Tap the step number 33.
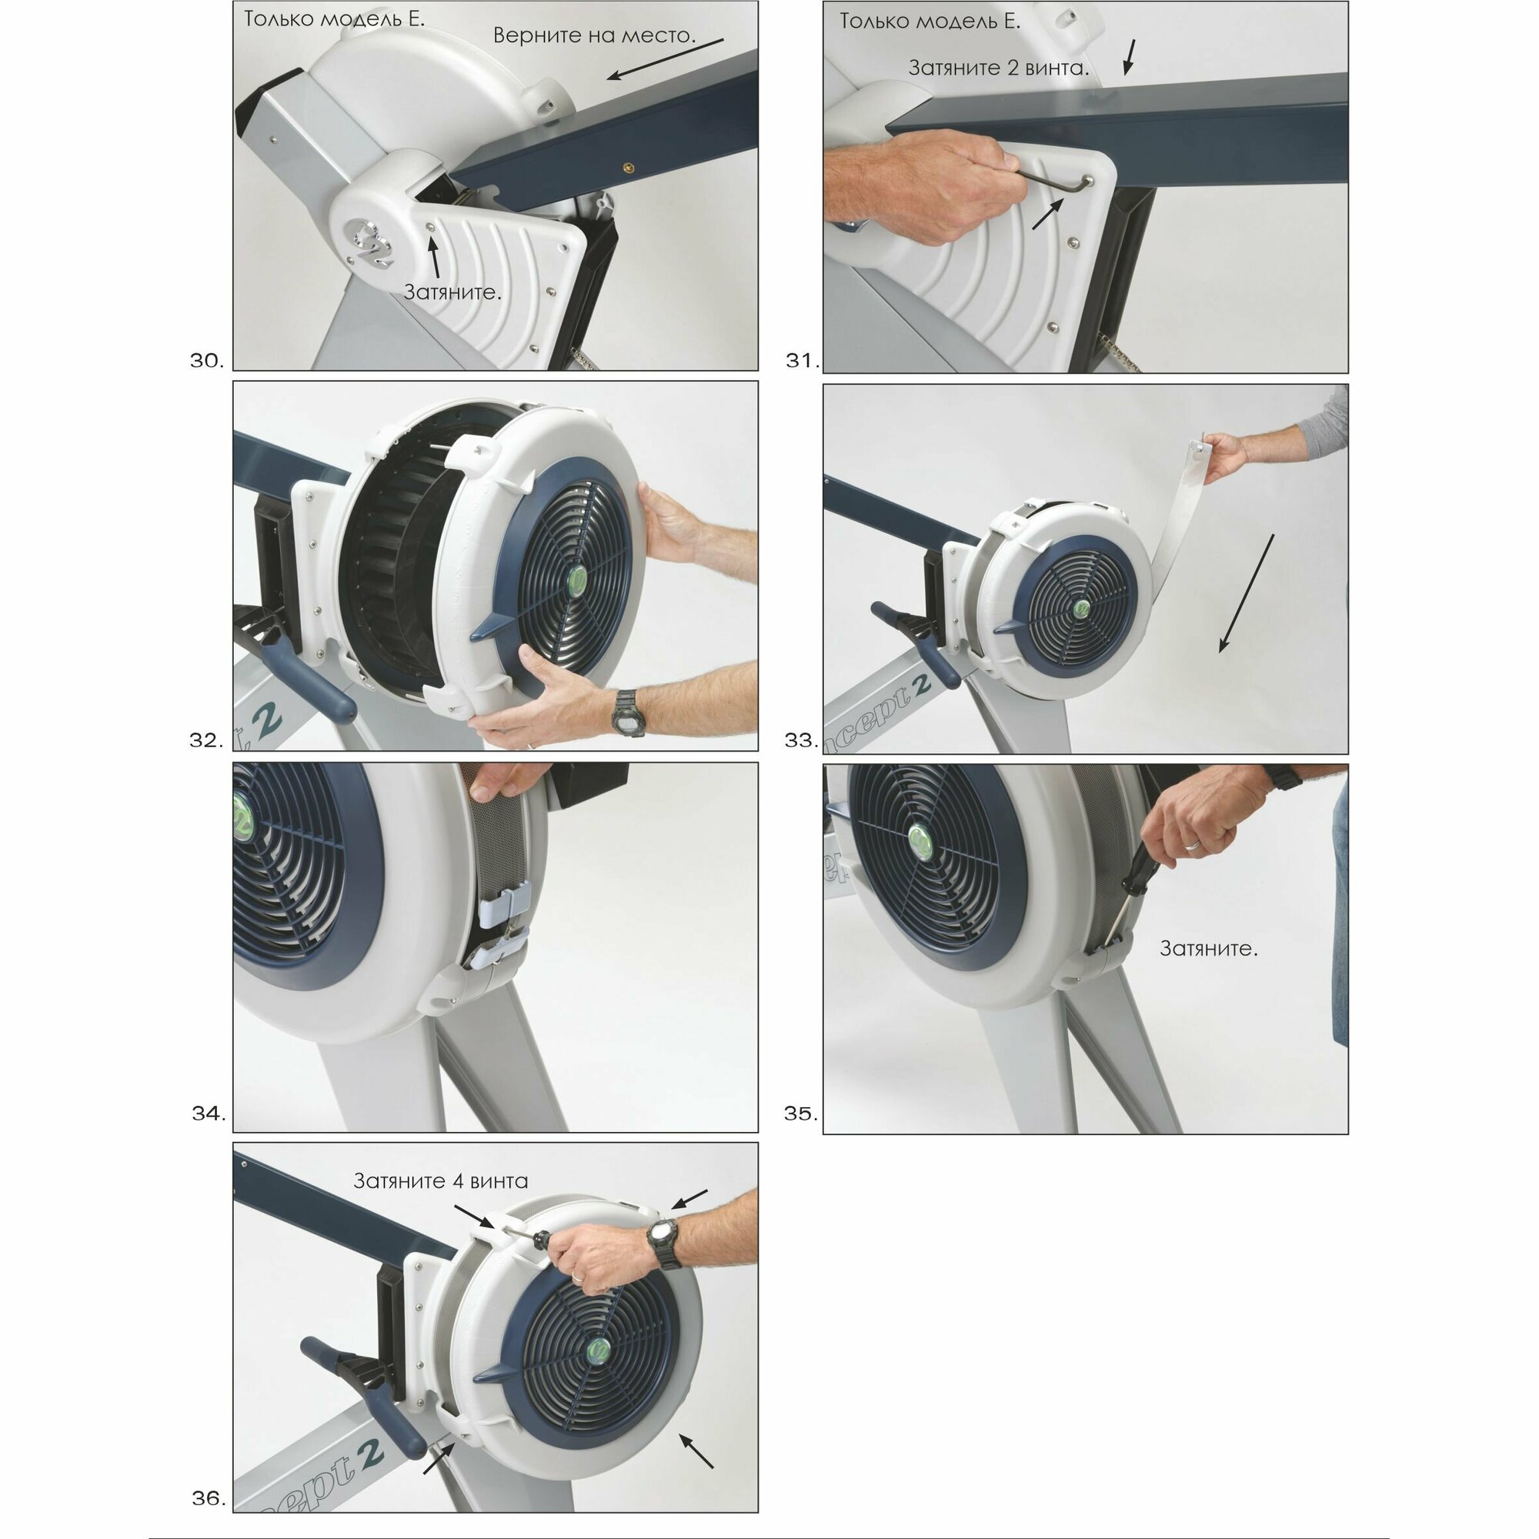(x=801, y=741)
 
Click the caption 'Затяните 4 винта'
(x=440, y=1181)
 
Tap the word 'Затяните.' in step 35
(x=1208, y=949)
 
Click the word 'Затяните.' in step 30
(x=452, y=292)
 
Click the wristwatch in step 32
(x=629, y=711)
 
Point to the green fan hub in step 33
(x=1084, y=609)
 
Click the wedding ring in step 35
(x=1192, y=845)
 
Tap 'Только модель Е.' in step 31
(x=930, y=22)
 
